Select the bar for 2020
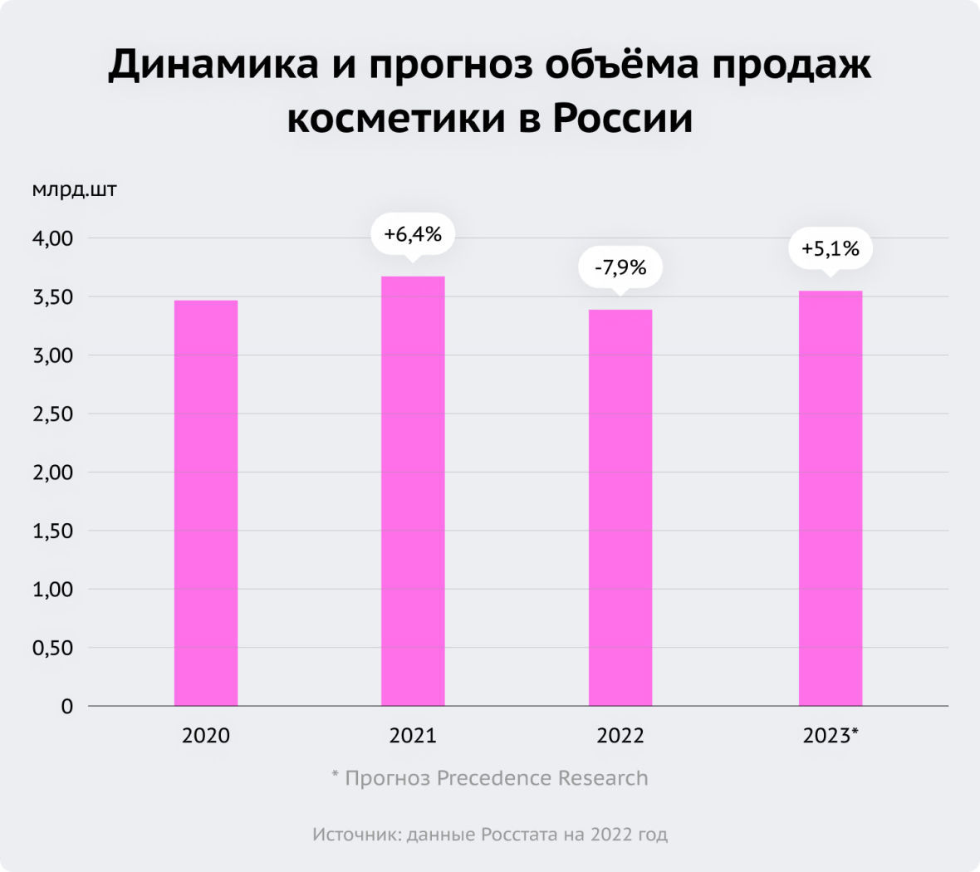point(206,502)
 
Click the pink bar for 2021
point(413,491)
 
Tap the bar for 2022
point(620,507)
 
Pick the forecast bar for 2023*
point(831,498)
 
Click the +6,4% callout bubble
point(413,235)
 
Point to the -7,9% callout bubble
point(620,267)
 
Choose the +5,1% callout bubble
point(831,248)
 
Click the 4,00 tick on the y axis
point(53,238)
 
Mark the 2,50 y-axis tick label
point(53,414)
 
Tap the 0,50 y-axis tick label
point(53,648)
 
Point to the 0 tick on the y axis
point(66,707)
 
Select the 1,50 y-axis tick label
point(53,531)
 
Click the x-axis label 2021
point(413,736)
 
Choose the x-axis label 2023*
point(831,736)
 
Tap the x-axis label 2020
point(206,736)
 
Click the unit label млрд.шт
point(75,190)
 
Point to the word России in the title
point(622,119)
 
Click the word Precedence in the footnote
point(494,778)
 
